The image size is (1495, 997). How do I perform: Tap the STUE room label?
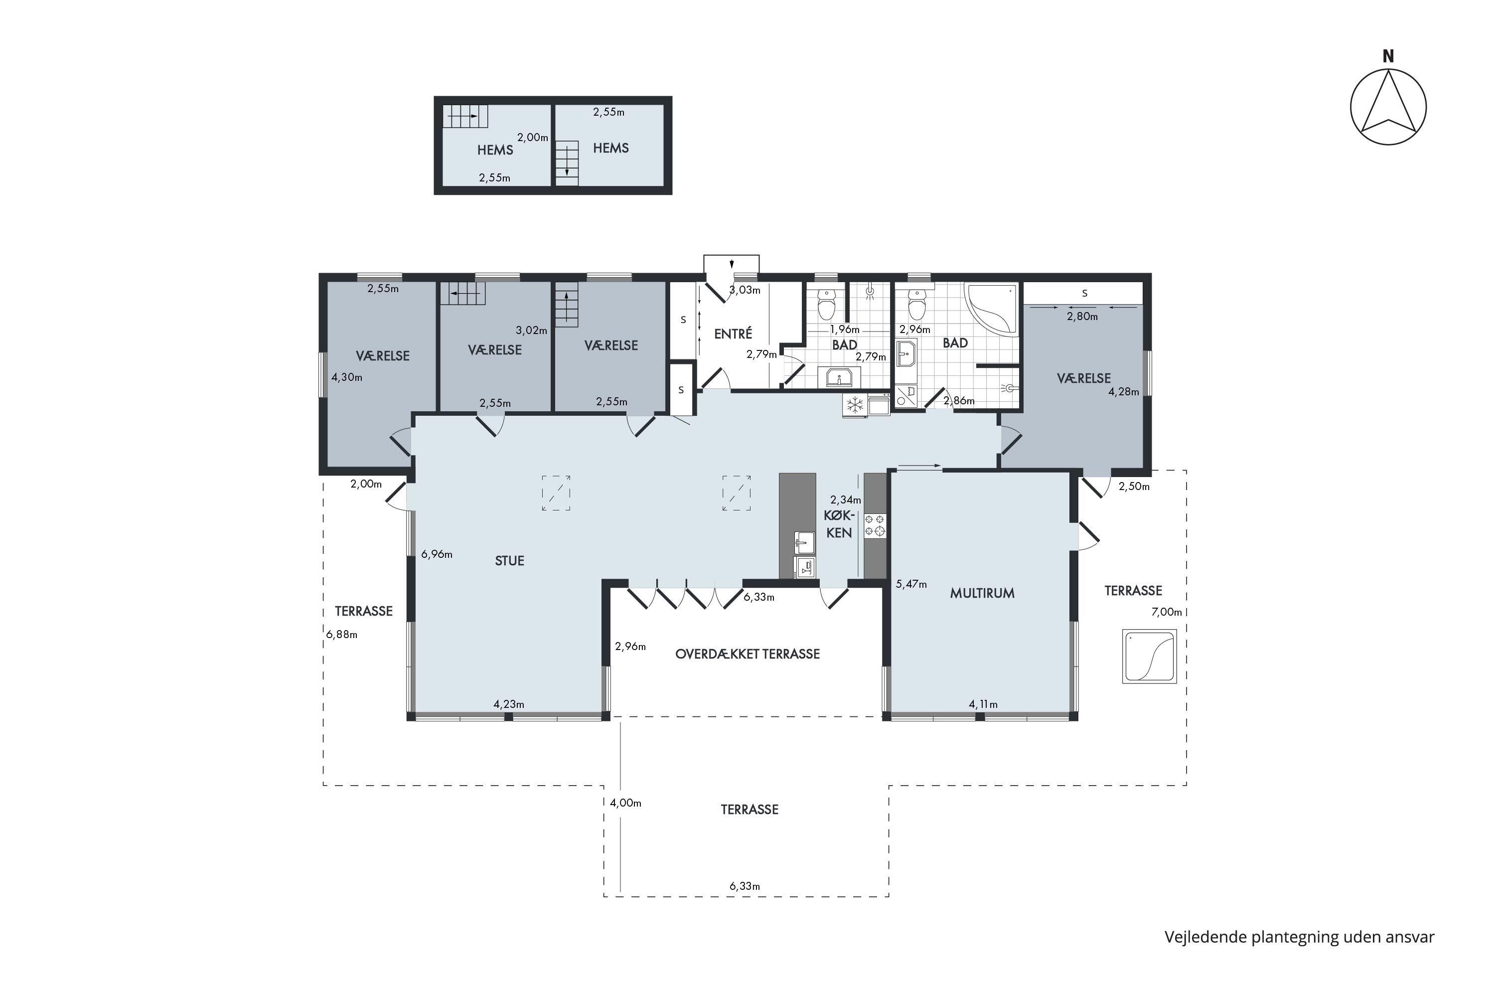(509, 561)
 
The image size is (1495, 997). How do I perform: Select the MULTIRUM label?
(982, 593)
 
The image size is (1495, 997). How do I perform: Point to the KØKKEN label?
(839, 524)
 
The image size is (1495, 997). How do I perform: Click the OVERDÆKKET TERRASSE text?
(747, 654)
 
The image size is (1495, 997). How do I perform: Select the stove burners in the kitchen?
(875, 525)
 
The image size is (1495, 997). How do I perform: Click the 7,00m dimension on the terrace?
(1167, 612)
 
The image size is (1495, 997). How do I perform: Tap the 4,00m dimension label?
(625, 803)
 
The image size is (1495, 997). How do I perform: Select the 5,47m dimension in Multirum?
(911, 584)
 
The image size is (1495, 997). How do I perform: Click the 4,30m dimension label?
(347, 377)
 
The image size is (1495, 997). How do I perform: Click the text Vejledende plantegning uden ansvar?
(1299, 937)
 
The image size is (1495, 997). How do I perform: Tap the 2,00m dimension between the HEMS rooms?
(533, 138)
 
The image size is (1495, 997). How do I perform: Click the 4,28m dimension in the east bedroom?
(1124, 392)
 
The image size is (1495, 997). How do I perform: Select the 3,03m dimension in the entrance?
(745, 290)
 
